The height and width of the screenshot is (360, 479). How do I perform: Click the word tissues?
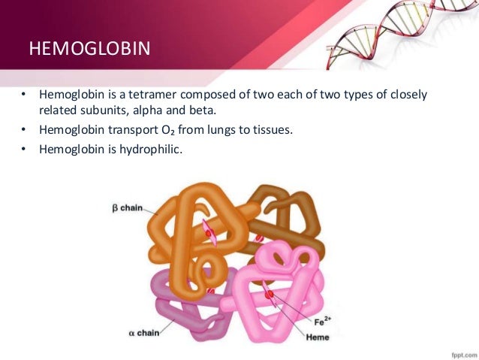[270, 130]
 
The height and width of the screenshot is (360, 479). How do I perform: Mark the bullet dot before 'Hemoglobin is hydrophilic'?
[23, 149]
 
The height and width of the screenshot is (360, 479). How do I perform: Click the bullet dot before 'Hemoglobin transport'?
[23, 130]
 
